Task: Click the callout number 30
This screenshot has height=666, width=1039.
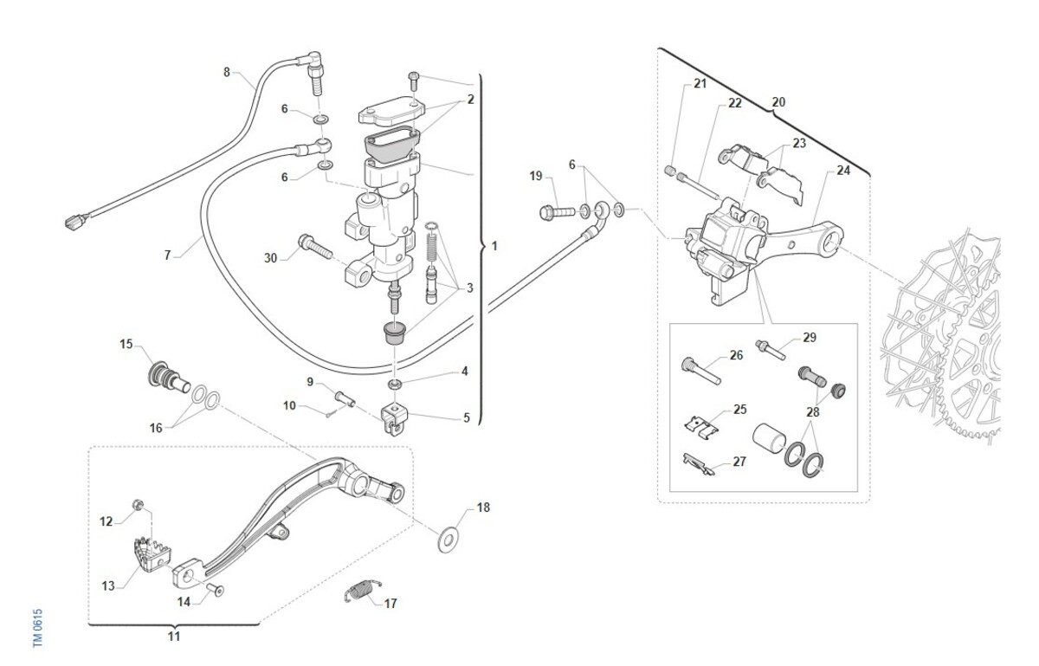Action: (x=271, y=257)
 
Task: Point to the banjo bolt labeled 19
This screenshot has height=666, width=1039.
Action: (x=558, y=210)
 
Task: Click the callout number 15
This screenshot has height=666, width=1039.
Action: (x=126, y=344)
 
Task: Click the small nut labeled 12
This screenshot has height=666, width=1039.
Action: (x=136, y=504)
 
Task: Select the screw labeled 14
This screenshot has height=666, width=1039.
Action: (x=216, y=591)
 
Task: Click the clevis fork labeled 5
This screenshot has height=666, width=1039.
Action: (x=394, y=418)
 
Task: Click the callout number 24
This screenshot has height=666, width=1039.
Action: (x=843, y=171)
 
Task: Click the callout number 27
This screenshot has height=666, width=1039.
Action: (x=739, y=462)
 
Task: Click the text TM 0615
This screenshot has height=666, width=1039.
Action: (x=38, y=626)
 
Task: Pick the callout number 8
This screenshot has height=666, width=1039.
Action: (x=227, y=72)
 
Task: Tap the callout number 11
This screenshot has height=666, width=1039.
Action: (x=174, y=637)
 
